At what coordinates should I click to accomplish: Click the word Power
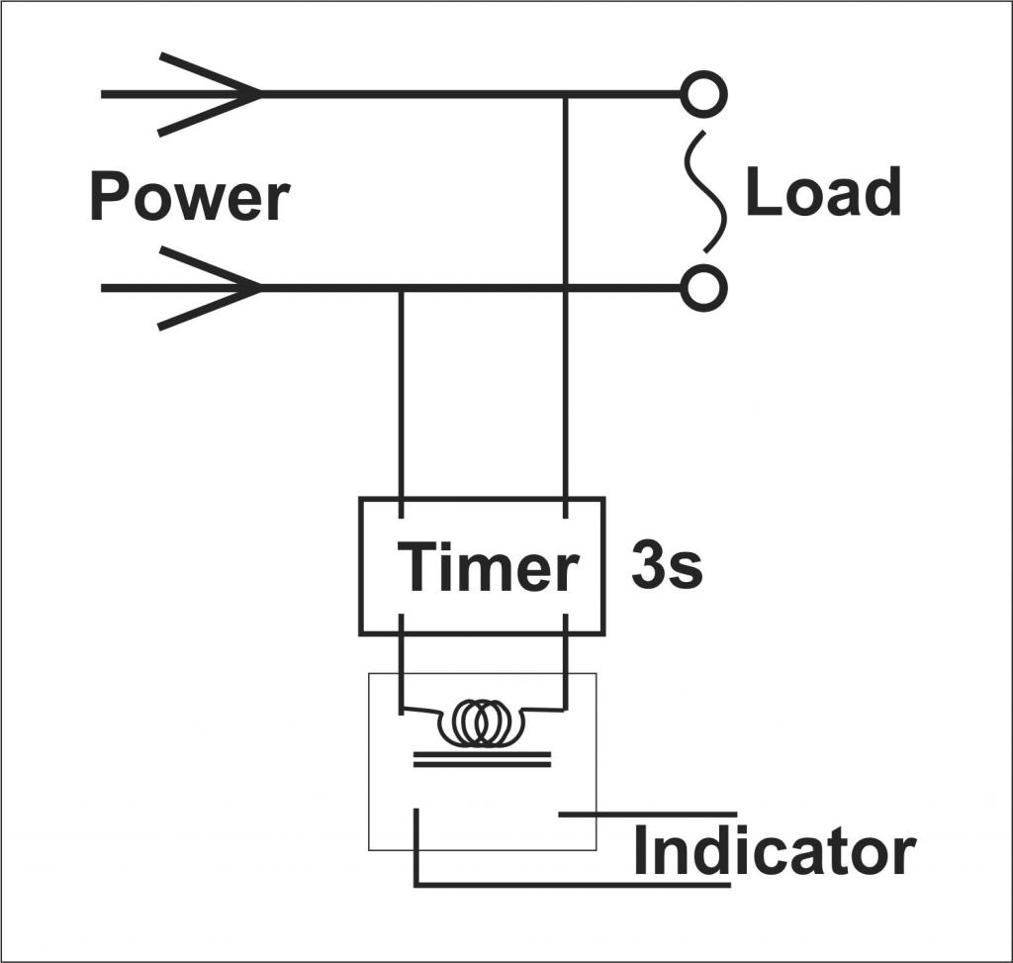pyautogui.click(x=188, y=196)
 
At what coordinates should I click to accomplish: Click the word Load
pyautogui.click(x=822, y=192)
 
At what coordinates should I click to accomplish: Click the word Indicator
pyautogui.click(x=774, y=851)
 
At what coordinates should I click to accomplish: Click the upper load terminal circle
pyautogui.click(x=704, y=95)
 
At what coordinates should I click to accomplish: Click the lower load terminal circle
pyautogui.click(x=704, y=288)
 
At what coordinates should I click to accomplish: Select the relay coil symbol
pyautogui.click(x=482, y=723)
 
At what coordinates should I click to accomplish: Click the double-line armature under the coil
pyautogui.click(x=482, y=759)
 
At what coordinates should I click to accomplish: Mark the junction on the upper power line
pyautogui.click(x=565, y=95)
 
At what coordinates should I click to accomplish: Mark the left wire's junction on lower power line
pyautogui.click(x=401, y=288)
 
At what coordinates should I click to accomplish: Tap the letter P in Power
pyautogui.click(x=108, y=196)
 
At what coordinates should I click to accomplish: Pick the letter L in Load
pyautogui.click(x=760, y=192)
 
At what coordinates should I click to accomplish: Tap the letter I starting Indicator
pyautogui.click(x=641, y=851)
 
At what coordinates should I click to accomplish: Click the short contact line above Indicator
pyautogui.click(x=648, y=815)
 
